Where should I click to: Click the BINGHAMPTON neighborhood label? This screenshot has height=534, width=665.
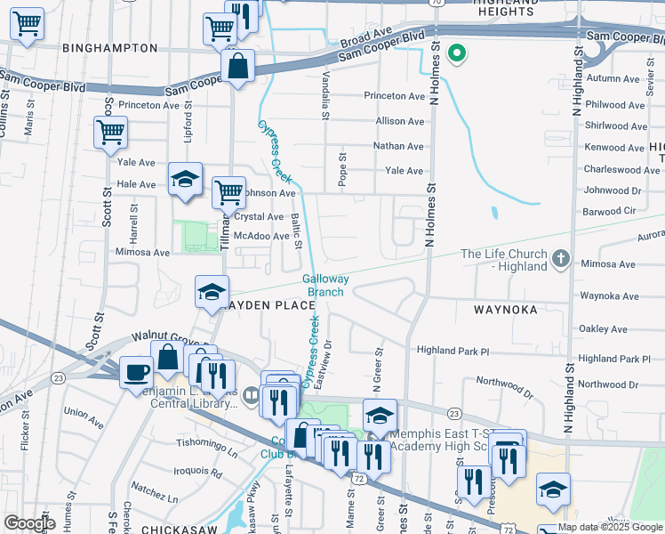110,48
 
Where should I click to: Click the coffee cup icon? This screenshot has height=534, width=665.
136,372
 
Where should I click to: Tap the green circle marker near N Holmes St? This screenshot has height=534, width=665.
458,54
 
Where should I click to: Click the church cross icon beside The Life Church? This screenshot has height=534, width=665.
560,259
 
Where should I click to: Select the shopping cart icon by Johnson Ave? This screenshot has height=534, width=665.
229,190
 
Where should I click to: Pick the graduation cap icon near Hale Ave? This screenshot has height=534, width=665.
186,179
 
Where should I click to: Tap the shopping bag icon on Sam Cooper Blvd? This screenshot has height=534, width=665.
238,66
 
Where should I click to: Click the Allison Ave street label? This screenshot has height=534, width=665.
400,121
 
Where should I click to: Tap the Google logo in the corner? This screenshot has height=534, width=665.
28,523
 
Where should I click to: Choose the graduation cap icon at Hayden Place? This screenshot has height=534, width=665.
212,291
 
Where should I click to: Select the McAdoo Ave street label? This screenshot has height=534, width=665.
260,236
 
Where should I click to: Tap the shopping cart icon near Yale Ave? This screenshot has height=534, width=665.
111,133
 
